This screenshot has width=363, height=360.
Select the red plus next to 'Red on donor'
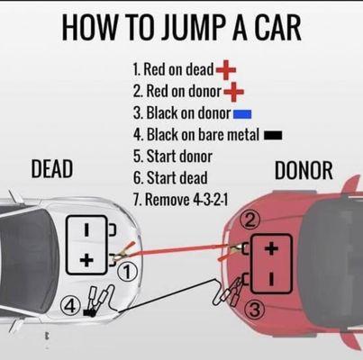232,91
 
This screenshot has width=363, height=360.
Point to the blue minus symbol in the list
242,113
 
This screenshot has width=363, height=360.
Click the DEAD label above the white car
52,170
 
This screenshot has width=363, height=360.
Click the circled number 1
129,269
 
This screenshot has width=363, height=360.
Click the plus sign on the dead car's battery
86,260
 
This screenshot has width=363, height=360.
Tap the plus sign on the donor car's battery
271,249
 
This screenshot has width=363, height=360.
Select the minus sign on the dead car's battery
86,230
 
